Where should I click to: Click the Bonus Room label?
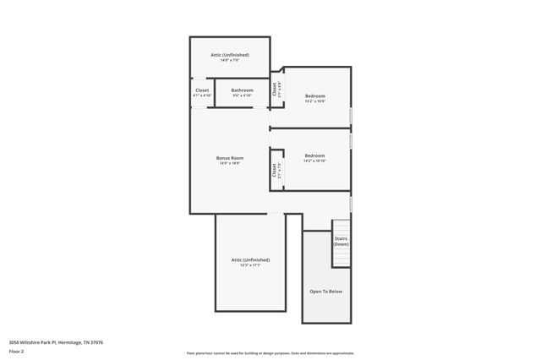230,158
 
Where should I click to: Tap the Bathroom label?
243,90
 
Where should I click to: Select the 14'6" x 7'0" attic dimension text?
230,61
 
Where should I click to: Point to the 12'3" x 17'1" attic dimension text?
250,265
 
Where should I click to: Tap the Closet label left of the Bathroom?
202,90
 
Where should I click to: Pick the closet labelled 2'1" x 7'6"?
276,170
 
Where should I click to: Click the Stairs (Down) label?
342,241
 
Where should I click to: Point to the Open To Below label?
326,291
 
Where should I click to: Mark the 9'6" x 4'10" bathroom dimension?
243,95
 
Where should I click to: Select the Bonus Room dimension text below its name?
230,164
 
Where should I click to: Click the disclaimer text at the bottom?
270,353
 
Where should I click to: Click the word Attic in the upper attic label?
216,55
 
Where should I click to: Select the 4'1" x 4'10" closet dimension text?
202,95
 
